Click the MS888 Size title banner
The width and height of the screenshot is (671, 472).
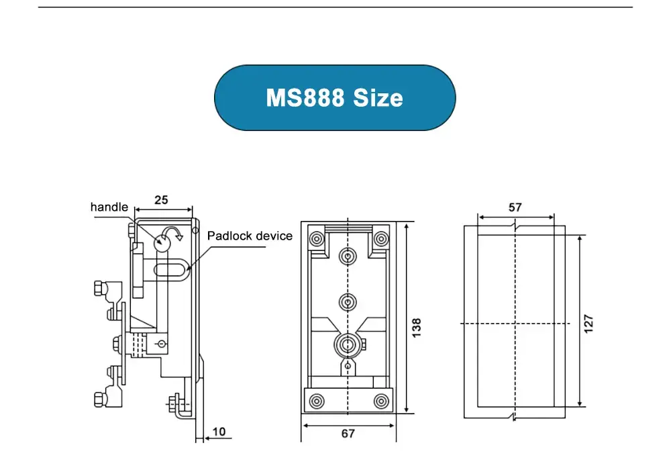click(x=334, y=98)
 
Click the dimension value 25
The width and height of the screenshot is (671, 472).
click(x=161, y=199)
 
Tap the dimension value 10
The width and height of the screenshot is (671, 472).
click(x=219, y=431)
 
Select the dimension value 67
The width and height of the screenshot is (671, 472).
click(x=348, y=434)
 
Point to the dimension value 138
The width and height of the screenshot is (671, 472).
click(x=416, y=328)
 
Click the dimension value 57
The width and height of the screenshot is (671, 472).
click(x=515, y=207)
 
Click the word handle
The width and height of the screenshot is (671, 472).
click(x=109, y=207)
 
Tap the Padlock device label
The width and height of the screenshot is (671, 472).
click(x=250, y=236)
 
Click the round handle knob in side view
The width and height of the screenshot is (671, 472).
click(x=162, y=242)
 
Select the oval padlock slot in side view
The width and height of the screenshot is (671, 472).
click(x=172, y=270)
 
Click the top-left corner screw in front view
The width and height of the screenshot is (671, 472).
click(x=315, y=238)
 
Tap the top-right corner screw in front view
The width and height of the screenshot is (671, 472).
click(x=381, y=238)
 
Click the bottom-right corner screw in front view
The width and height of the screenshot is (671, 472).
click(x=381, y=401)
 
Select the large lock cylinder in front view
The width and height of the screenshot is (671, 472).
click(x=347, y=345)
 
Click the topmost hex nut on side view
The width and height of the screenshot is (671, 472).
click(x=97, y=289)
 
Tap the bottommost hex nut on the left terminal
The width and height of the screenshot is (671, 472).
click(x=98, y=399)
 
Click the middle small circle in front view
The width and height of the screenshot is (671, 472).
click(x=347, y=302)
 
